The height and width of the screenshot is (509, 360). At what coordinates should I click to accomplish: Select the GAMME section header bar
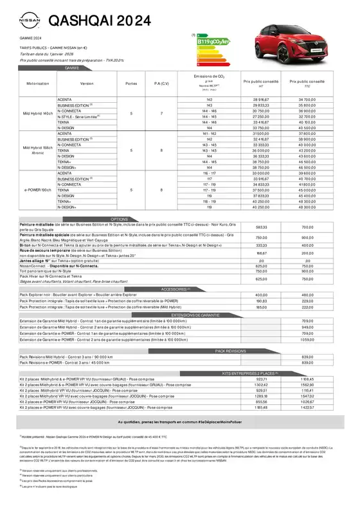coord(71,67)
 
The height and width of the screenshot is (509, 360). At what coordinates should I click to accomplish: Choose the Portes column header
coord(131,84)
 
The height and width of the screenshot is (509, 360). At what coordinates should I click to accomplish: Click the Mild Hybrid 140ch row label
coord(37,114)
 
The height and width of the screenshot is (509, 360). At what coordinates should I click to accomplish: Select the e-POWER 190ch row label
coord(37,190)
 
